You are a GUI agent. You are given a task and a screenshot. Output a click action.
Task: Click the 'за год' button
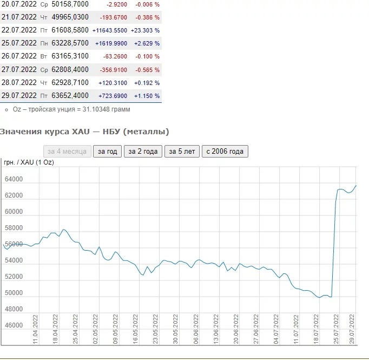click(x=107, y=152)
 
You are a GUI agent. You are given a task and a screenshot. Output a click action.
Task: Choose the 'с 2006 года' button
click(x=225, y=152)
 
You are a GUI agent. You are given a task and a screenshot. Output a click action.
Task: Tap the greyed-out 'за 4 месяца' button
click(x=67, y=152)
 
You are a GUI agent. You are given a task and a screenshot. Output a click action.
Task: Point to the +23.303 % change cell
click(x=146, y=30)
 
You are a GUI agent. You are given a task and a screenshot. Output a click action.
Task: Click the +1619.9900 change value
click(x=111, y=43)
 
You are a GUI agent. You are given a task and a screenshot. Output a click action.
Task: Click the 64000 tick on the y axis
click(x=13, y=180)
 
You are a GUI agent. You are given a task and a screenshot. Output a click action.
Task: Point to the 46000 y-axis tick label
click(x=13, y=326)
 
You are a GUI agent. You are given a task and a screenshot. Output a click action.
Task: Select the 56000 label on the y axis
click(x=13, y=245)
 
